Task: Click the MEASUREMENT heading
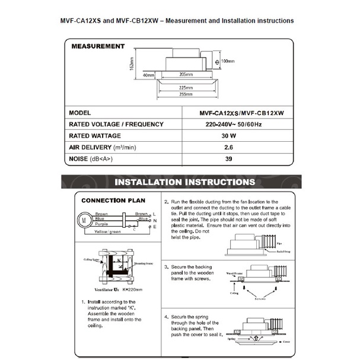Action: coord(98,46)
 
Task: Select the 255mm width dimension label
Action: coord(186,94)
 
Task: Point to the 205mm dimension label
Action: coord(187,75)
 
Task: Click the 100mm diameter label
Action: coord(227,60)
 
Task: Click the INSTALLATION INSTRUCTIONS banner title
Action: coord(184,182)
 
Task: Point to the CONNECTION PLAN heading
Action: coord(113,200)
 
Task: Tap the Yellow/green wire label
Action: coord(107,232)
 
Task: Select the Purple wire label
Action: coord(101,224)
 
